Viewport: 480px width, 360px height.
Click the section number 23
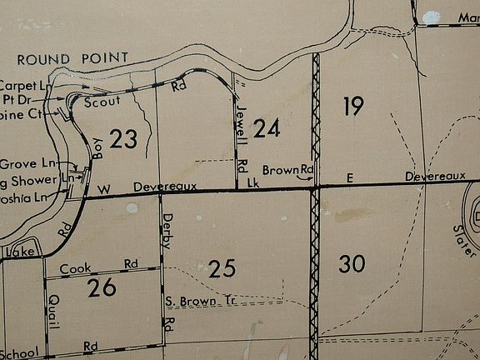click(x=122, y=139)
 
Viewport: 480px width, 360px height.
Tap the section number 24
click(x=267, y=129)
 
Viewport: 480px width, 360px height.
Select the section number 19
click(x=352, y=106)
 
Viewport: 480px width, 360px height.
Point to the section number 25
click(x=222, y=268)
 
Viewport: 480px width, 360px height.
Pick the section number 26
click(x=102, y=288)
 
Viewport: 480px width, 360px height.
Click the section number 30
click(x=352, y=264)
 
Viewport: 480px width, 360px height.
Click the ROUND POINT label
click(x=72, y=57)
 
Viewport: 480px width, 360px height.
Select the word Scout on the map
click(x=102, y=100)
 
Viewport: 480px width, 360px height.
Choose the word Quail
click(x=54, y=311)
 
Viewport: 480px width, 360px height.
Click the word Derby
click(x=167, y=226)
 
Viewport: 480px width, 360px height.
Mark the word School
click(x=19, y=353)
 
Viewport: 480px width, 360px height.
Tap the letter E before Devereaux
click(x=351, y=177)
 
